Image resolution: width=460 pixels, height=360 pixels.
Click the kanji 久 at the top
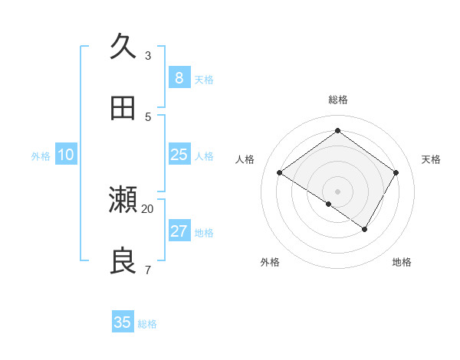tap(123, 47)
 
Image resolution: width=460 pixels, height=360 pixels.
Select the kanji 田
tap(123, 108)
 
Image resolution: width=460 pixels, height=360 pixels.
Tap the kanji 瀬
tap(123, 200)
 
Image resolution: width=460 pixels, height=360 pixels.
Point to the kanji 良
tap(123, 261)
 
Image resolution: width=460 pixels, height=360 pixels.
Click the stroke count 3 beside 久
tap(148, 55)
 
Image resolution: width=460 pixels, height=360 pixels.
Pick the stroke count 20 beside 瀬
tap(148, 208)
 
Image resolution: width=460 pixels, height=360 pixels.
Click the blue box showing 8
tap(179, 78)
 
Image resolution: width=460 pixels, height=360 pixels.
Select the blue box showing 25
tap(179, 155)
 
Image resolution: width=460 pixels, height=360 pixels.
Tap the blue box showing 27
tap(179, 231)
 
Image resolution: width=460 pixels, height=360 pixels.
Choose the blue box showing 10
tap(65, 155)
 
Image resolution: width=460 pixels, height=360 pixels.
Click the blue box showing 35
tap(123, 322)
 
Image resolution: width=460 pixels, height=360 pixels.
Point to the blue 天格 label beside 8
tap(204, 80)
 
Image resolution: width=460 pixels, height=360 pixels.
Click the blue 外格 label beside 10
tap(41, 156)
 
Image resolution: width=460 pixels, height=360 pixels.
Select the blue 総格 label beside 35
tap(147, 324)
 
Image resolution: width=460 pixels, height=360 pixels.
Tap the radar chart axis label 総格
tap(338, 100)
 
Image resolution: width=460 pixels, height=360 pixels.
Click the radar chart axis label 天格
tap(431, 159)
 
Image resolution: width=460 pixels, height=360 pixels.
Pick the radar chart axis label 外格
tap(270, 262)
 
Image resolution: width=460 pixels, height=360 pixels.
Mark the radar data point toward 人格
tap(280, 173)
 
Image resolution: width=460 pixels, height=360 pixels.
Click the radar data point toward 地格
tap(365, 229)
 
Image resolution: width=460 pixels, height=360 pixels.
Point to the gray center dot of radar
tap(338, 191)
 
